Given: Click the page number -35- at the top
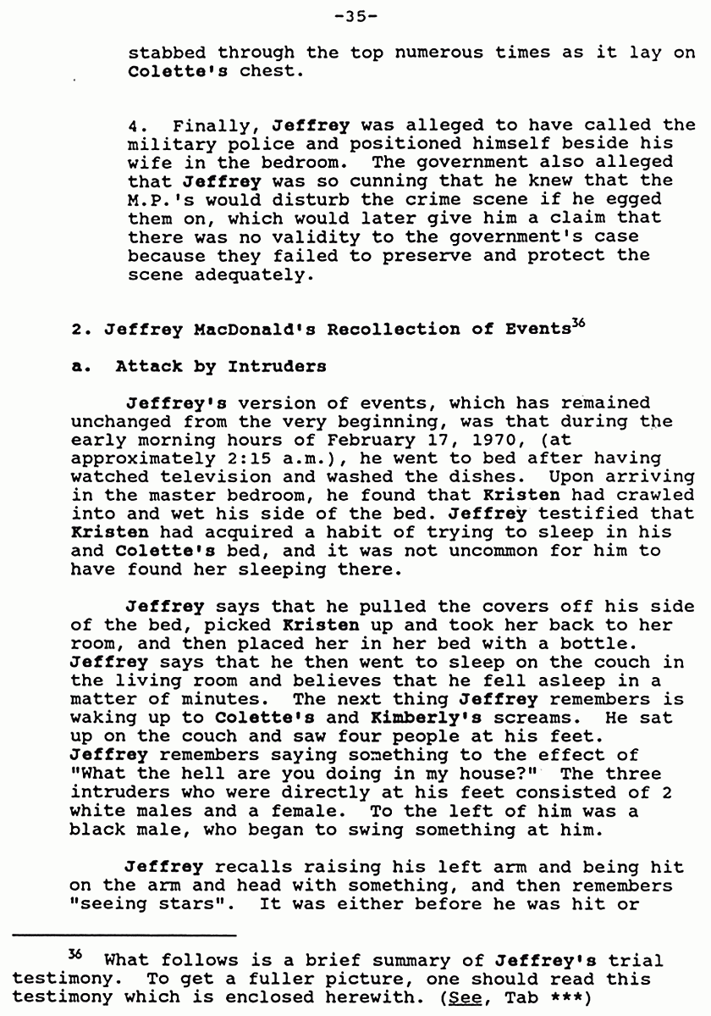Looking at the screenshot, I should coord(355,15).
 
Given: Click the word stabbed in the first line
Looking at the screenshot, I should coord(161,53).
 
